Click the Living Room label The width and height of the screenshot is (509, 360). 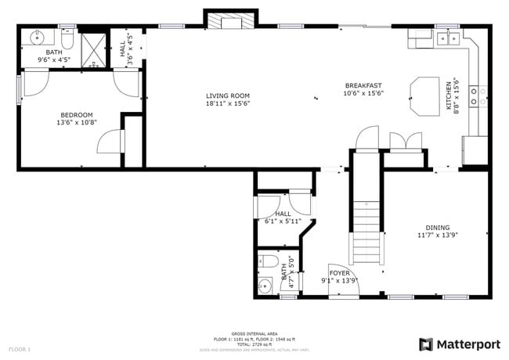227,95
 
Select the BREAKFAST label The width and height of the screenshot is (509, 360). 363,85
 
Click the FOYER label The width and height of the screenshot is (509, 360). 339,273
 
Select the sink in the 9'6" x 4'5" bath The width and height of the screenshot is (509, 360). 38,37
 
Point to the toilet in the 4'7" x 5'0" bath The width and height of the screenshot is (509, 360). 267,261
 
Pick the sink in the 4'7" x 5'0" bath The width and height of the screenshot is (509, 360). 265,287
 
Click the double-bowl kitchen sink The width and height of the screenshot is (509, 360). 449,37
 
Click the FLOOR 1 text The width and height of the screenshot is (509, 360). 20,348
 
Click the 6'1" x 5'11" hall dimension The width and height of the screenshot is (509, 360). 283,221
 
